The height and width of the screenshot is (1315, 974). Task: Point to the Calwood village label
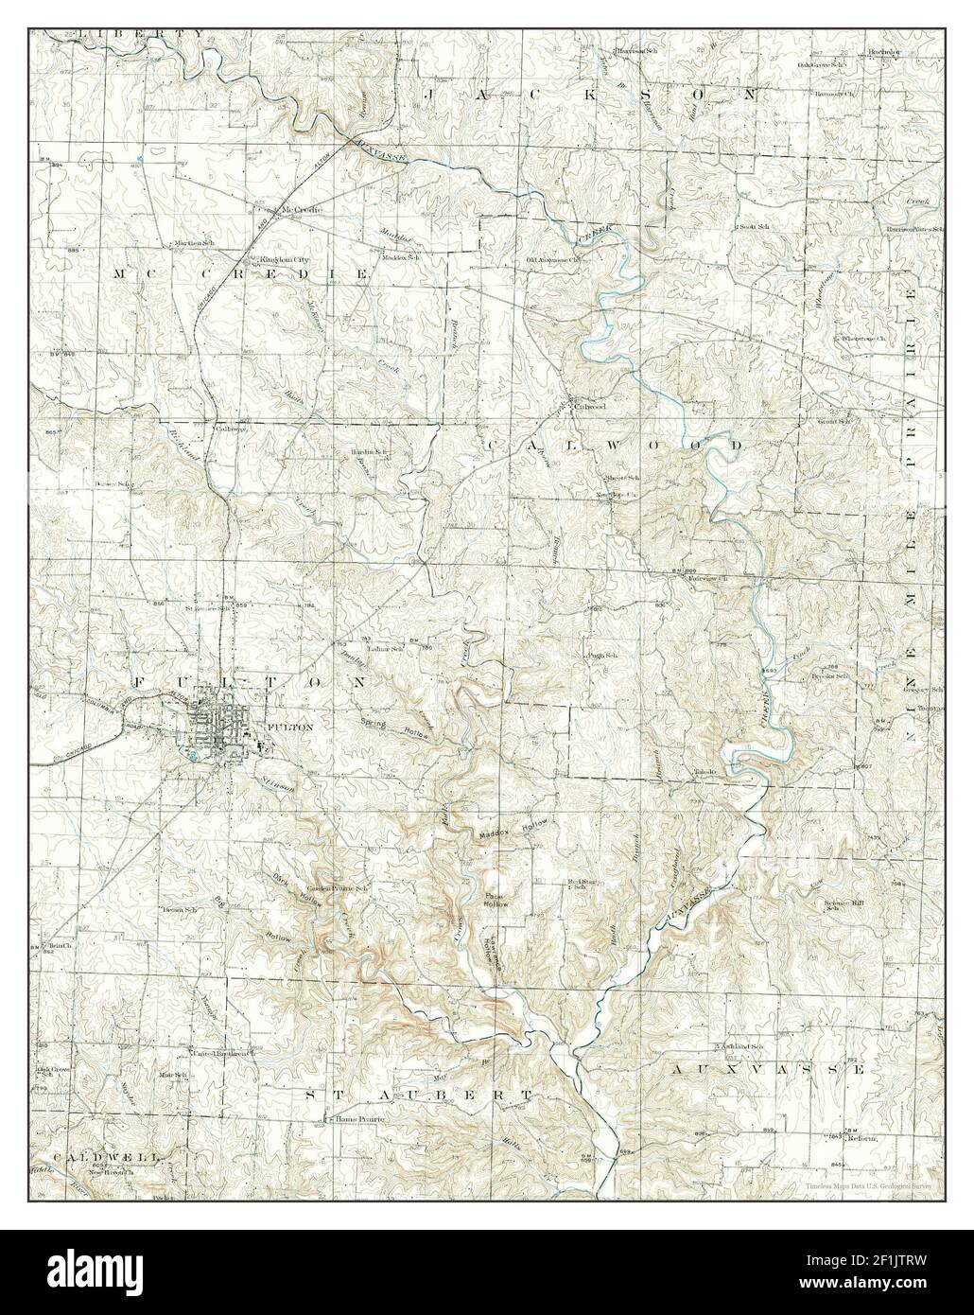tap(589, 406)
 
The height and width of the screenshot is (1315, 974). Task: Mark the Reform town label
tap(861, 1137)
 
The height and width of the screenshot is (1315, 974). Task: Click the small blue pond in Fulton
tap(194, 754)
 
